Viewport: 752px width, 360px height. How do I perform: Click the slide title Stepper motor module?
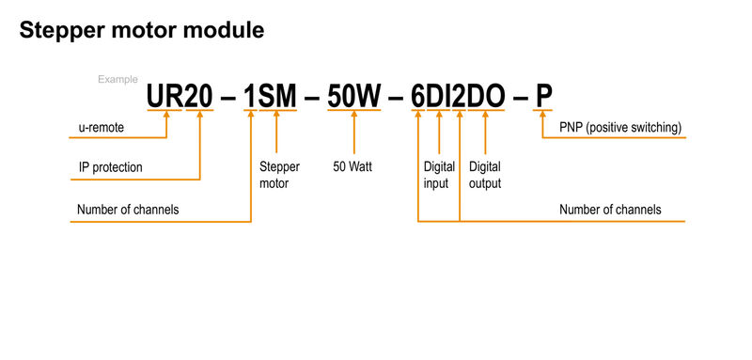(x=141, y=30)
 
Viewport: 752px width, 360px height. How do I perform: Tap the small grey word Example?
(x=118, y=80)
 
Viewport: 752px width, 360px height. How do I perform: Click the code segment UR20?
(x=179, y=96)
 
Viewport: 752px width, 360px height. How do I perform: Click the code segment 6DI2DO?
(x=460, y=96)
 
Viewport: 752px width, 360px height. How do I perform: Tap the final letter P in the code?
(x=543, y=96)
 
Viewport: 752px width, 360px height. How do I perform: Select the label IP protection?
(x=111, y=167)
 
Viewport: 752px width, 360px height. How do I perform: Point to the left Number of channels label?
(x=129, y=209)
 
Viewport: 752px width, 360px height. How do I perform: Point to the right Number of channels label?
(x=610, y=209)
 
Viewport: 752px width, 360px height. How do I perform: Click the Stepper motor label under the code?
(x=279, y=175)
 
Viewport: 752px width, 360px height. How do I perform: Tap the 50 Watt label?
(x=354, y=167)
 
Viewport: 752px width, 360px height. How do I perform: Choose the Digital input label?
(x=440, y=175)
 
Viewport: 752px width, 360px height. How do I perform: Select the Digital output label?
(x=485, y=175)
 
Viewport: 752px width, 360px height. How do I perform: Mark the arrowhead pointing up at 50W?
(x=354, y=117)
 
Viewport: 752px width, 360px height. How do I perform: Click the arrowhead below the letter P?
(x=543, y=117)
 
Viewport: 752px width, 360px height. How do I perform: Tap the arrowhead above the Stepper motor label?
(x=276, y=117)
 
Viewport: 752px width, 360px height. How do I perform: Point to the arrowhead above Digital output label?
(x=485, y=117)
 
